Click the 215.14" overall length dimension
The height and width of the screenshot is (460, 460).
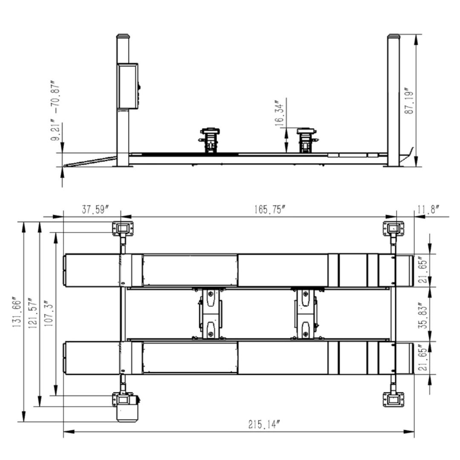264,424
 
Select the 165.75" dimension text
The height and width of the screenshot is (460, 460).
270,210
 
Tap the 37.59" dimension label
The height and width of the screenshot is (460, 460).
95,210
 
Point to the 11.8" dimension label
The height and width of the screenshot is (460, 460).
428,210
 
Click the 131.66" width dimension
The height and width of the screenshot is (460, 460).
17,313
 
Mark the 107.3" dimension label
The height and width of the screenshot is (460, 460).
49,313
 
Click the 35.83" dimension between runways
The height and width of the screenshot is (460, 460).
423,315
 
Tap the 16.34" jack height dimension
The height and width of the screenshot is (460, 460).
279,115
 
